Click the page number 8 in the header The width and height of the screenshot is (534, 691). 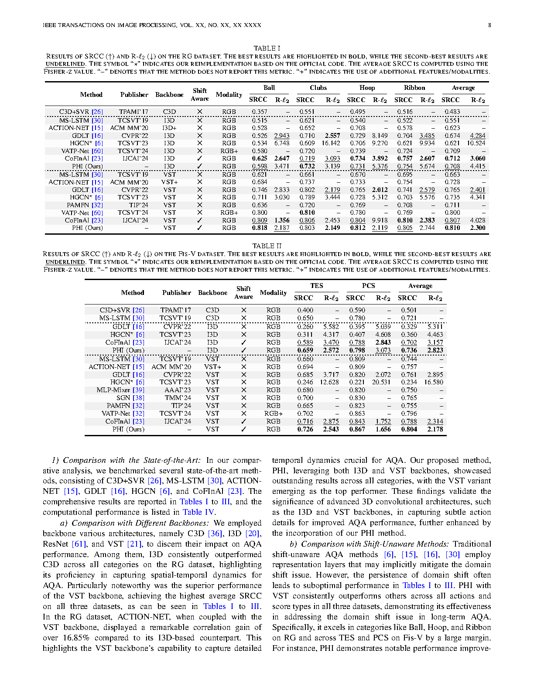(x=489, y=25)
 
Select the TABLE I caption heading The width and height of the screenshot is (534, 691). (x=267, y=48)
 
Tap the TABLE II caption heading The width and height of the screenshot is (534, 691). (x=267, y=246)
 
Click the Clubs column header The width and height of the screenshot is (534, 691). (x=318, y=88)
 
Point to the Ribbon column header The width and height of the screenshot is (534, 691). (x=414, y=88)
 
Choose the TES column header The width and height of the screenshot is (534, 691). (x=317, y=286)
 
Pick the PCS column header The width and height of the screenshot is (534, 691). (x=369, y=286)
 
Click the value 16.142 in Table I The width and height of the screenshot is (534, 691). (x=331, y=143)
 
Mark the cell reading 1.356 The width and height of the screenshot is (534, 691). (x=282, y=220)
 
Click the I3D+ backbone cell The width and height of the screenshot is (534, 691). (x=169, y=128)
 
